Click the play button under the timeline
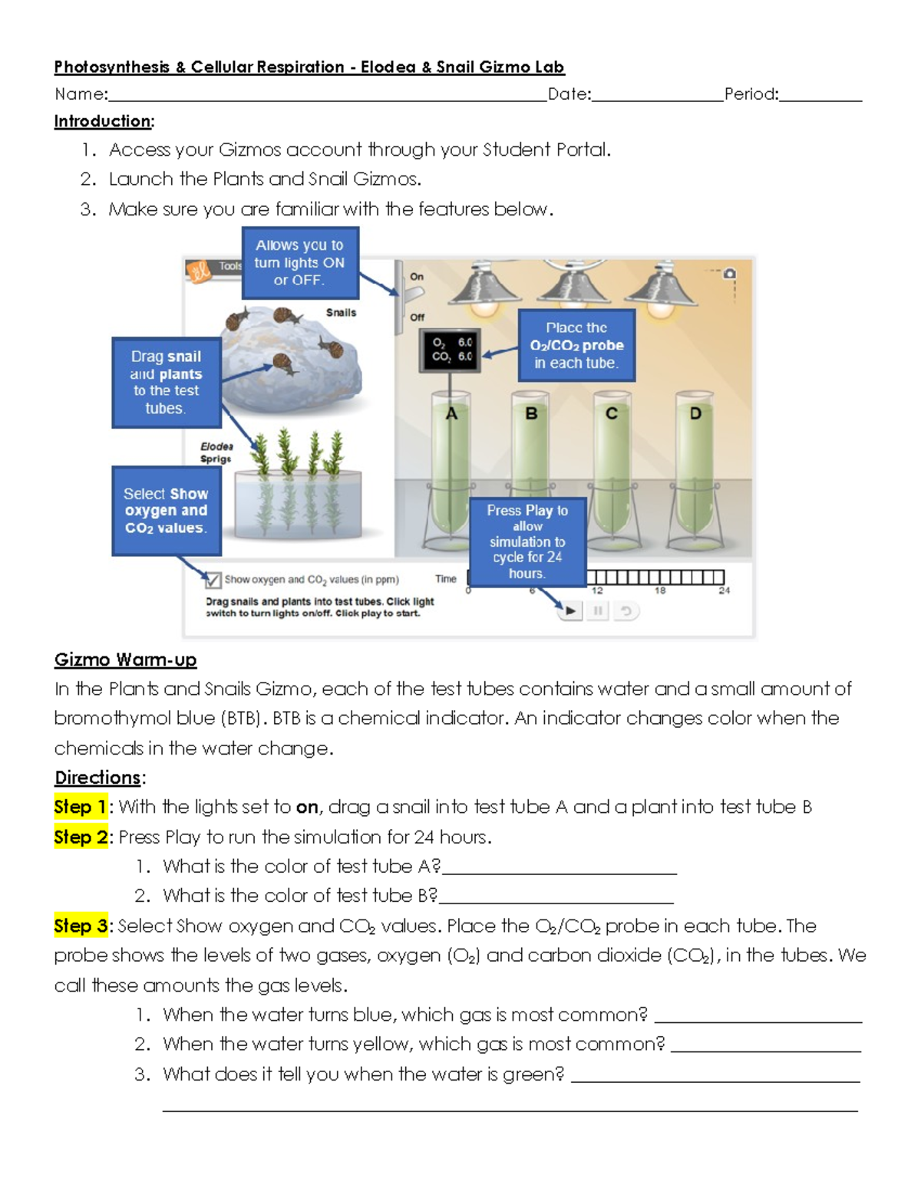(x=569, y=610)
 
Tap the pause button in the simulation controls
(x=598, y=610)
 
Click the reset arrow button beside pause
(x=626, y=610)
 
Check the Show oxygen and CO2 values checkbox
(x=213, y=580)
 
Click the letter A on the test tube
(x=452, y=414)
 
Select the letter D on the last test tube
(x=695, y=413)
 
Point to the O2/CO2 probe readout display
(x=451, y=350)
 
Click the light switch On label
(x=417, y=277)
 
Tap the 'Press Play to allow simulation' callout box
(x=527, y=541)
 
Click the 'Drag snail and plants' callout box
(x=166, y=382)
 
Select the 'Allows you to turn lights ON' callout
(x=299, y=262)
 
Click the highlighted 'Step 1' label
(x=81, y=807)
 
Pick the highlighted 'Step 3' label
(x=81, y=926)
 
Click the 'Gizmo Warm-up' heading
(x=125, y=660)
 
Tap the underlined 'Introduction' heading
(x=103, y=121)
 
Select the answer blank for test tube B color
(x=556, y=897)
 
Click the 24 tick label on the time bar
(x=724, y=591)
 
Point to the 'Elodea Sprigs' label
(x=216, y=452)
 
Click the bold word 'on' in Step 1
(x=307, y=807)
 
